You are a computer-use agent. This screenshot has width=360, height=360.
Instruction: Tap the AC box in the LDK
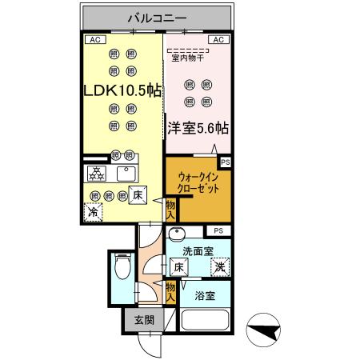[94, 38]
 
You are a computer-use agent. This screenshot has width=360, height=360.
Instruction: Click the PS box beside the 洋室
[226, 162]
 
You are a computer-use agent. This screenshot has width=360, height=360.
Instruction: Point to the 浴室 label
[204, 296]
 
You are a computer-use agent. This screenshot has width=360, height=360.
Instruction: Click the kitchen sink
[126, 174]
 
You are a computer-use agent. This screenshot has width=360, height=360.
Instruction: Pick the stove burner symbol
[96, 174]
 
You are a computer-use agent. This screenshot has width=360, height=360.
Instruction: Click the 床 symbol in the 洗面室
[179, 268]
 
